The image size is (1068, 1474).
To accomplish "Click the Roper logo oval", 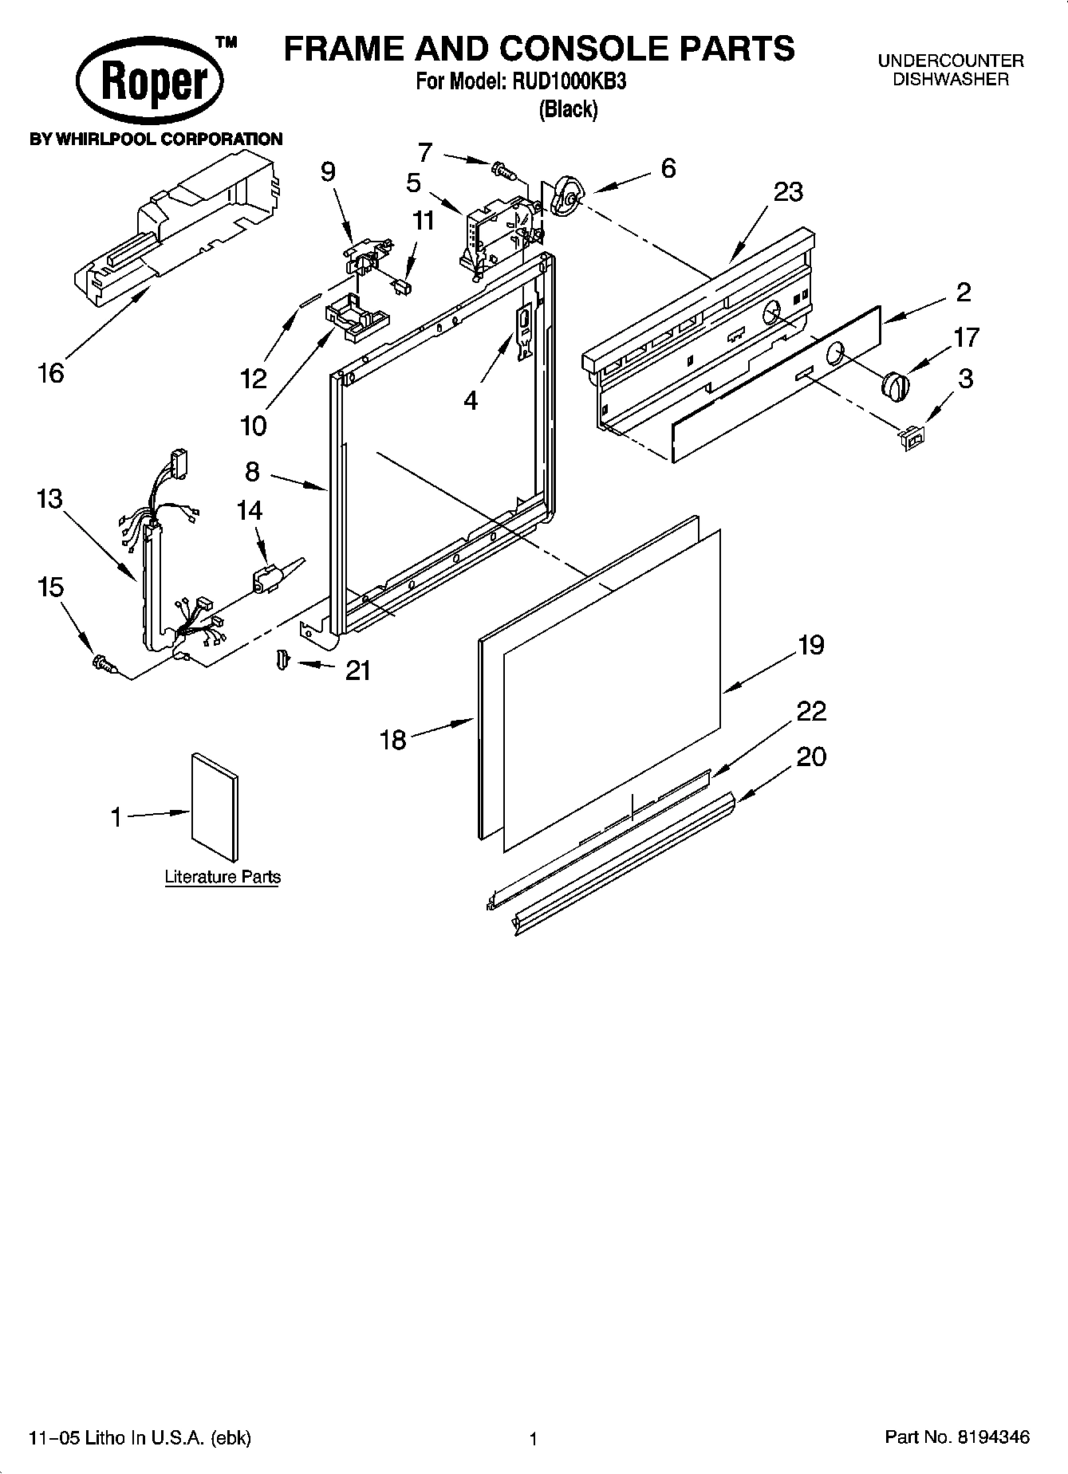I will [x=150, y=81].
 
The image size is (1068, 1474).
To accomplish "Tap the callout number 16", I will [x=51, y=372].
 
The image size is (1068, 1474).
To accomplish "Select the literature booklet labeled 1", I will [x=214, y=807].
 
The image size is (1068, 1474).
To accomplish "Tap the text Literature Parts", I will [x=223, y=877].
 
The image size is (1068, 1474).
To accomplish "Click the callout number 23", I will [x=787, y=192].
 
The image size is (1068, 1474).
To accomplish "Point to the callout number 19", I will [x=810, y=644].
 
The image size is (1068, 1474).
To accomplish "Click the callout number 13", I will [x=49, y=499].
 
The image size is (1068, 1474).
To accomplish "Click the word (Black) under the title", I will [x=568, y=110].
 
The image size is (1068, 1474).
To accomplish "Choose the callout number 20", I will [x=811, y=756].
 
